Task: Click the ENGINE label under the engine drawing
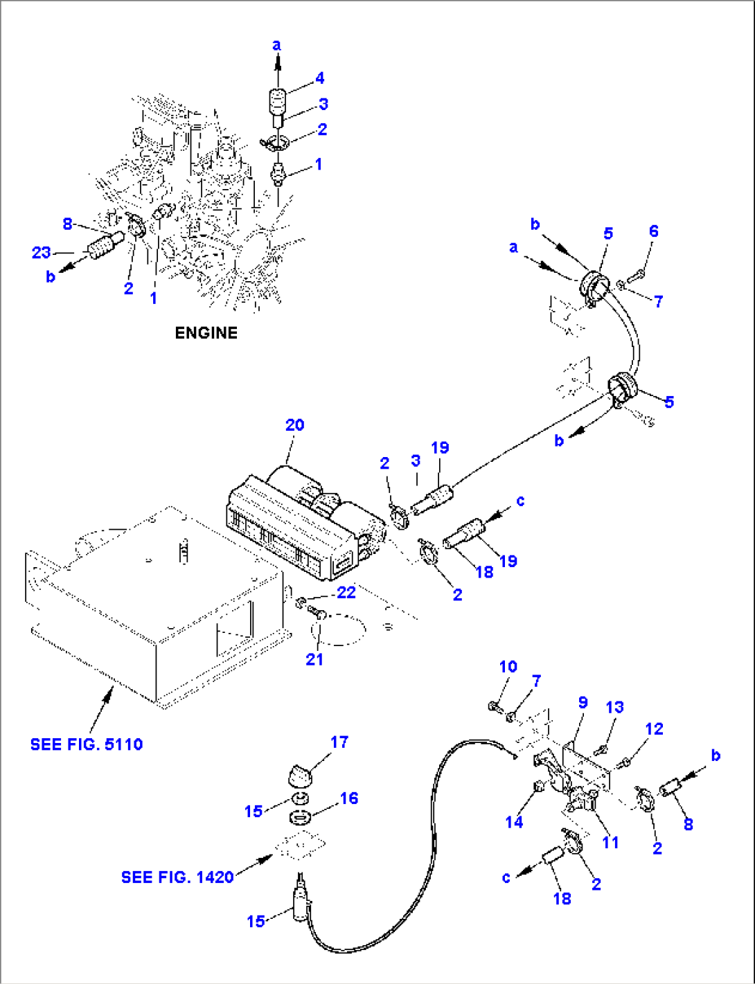coord(206,333)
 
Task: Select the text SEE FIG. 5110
coord(87,744)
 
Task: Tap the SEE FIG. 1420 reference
coord(177,877)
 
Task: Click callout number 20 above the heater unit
coord(295,425)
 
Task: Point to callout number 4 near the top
coord(319,78)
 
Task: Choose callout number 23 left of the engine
coord(41,253)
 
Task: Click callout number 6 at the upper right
coord(653,231)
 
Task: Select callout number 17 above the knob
coord(339,742)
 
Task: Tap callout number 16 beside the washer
coord(348,798)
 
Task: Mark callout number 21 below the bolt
coord(314,659)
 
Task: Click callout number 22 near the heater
coord(346,593)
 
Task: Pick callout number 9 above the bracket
coord(583,703)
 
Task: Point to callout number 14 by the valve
coord(513,822)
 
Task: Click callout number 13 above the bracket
coord(614,707)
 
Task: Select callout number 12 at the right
coord(653,729)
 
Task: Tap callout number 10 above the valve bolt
coord(508,667)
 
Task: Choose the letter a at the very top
coord(276,46)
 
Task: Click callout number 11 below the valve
coord(610,843)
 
